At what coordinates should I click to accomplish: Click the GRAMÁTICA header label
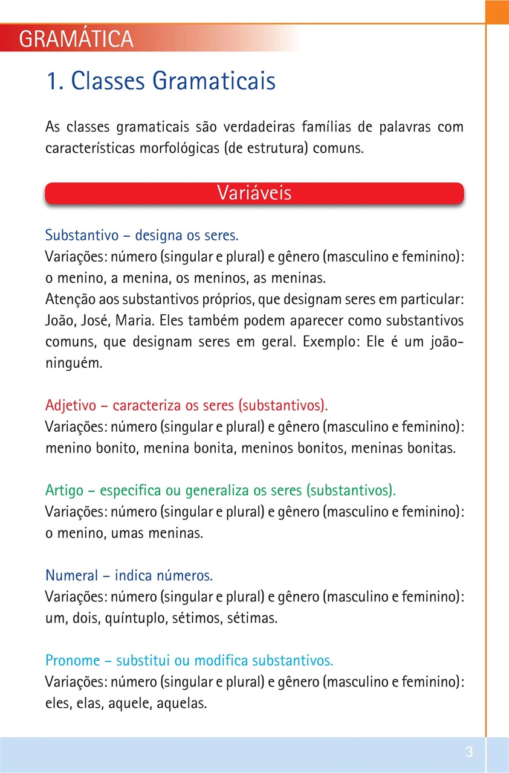coord(76,39)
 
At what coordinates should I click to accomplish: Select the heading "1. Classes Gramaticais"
coord(161,82)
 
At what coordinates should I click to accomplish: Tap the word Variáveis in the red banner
coord(254,193)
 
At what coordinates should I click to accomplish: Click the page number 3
coord(469,752)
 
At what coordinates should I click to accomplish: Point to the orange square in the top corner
coord(497,11)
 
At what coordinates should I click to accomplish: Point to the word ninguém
coord(71,364)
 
